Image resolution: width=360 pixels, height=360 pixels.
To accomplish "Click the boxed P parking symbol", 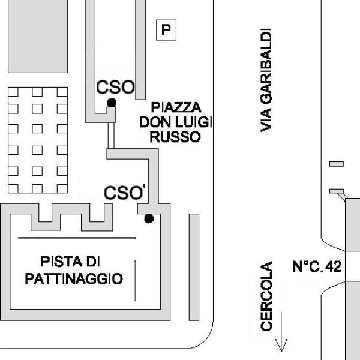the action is click(x=166, y=29).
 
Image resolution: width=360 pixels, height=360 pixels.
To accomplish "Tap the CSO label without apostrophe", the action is click(x=115, y=87).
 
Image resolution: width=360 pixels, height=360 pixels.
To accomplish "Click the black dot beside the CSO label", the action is click(x=112, y=103).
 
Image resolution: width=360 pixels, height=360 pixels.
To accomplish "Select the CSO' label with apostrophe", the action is click(x=125, y=193).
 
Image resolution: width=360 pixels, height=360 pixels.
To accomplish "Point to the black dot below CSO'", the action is click(x=149, y=218).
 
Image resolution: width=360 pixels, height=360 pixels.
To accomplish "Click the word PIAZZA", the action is click(x=176, y=108).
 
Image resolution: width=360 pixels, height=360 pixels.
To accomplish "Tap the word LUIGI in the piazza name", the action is click(x=194, y=122).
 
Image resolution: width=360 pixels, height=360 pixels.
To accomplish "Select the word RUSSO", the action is click(x=175, y=137).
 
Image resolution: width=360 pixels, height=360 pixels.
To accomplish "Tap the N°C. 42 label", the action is click(x=317, y=266).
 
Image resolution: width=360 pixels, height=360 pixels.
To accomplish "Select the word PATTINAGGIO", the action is click(x=74, y=279).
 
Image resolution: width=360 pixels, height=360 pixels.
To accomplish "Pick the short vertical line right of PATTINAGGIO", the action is click(x=135, y=281).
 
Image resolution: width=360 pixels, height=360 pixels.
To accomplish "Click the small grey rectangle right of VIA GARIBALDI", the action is click(x=337, y=164).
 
